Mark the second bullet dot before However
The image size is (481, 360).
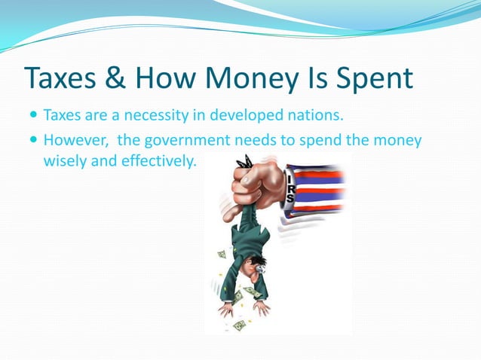coord(33,141)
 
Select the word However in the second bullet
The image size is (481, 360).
coord(75,140)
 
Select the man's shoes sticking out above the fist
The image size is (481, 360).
coord(244,161)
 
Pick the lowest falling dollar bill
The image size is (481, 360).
coord(239,325)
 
